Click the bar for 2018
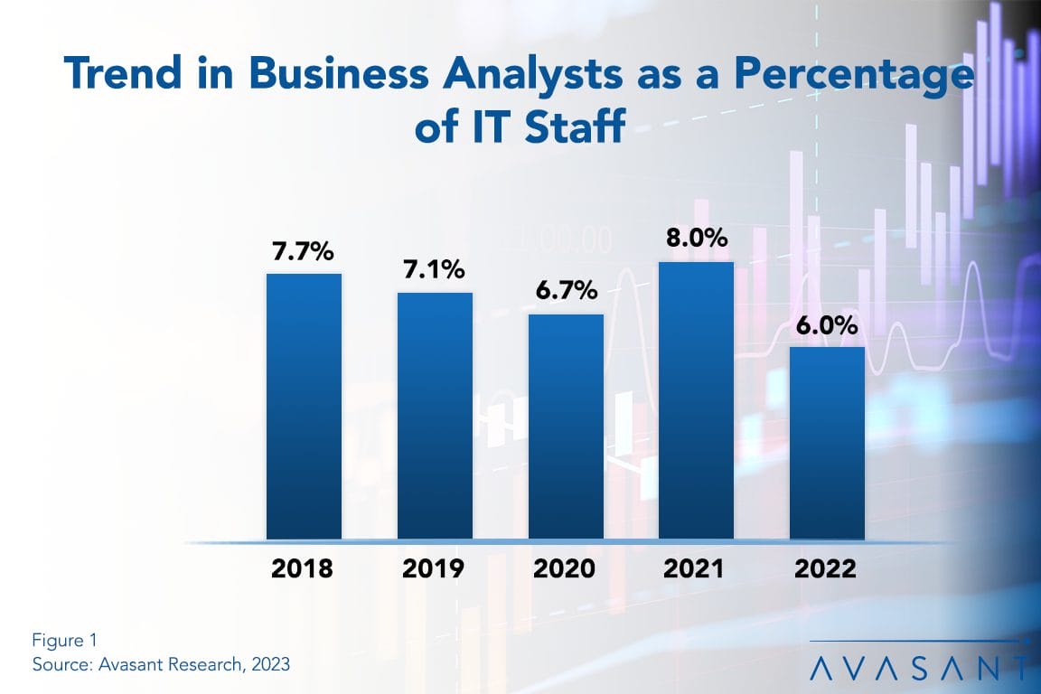pos(304,407)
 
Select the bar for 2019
pos(435,416)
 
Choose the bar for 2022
pos(827,443)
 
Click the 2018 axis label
pos(304,569)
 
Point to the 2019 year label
pos(435,569)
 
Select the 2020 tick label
pos(566,569)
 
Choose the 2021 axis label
pos(696,569)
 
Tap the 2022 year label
pos(827,569)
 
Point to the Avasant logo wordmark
pos(918,668)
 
